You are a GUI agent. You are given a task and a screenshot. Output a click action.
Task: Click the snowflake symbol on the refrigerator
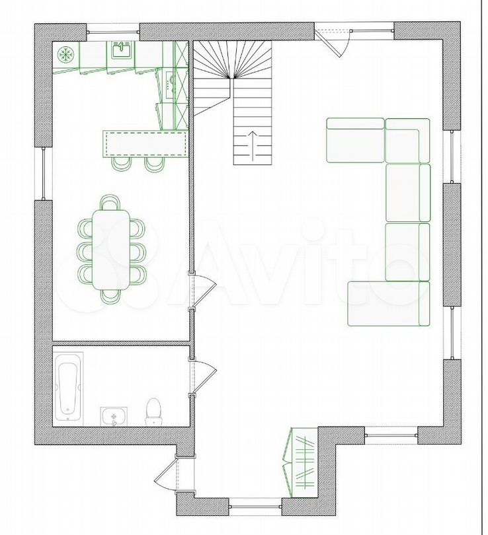pyautogui.click(x=65, y=55)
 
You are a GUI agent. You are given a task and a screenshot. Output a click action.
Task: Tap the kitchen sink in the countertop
pyautogui.click(x=122, y=50)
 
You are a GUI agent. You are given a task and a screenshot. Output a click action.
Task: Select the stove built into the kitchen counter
pyautogui.click(x=170, y=85)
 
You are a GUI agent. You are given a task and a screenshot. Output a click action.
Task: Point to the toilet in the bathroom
pyautogui.click(x=153, y=412)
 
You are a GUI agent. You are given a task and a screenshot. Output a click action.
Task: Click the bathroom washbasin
pyautogui.click(x=114, y=416)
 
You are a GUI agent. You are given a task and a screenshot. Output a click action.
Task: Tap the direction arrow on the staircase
pyautogui.click(x=253, y=146)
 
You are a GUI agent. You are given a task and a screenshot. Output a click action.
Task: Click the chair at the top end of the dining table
pyautogui.click(x=110, y=203)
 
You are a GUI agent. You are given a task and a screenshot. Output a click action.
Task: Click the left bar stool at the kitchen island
pyautogui.click(x=122, y=164)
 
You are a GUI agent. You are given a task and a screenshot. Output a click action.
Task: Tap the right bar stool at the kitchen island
pyautogui.click(x=155, y=164)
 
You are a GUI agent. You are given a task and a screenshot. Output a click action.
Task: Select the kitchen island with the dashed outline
pyautogui.click(x=146, y=144)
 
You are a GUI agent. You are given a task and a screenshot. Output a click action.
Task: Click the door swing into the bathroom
pyautogui.click(x=204, y=376)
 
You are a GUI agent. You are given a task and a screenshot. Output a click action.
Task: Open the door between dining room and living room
pyautogui.click(x=204, y=291)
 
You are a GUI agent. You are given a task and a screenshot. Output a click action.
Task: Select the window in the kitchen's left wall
pyautogui.click(x=44, y=174)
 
